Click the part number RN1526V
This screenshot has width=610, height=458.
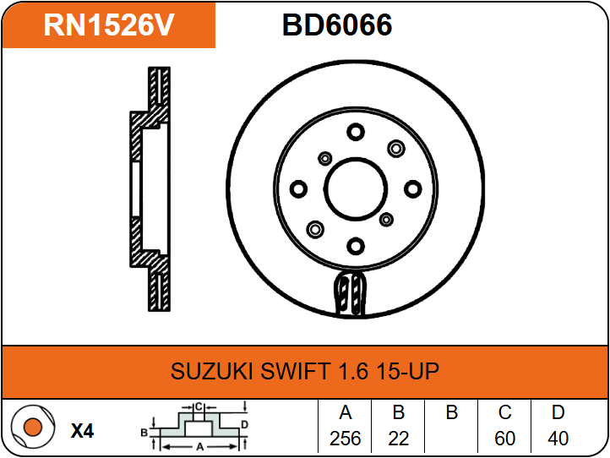click(x=108, y=25)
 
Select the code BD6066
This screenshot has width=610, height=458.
click(x=337, y=25)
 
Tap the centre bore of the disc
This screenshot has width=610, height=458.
click(x=356, y=189)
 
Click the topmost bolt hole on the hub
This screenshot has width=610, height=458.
click(x=356, y=132)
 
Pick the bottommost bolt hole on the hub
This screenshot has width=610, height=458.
click(x=356, y=246)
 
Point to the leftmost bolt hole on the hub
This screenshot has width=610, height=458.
click(x=299, y=189)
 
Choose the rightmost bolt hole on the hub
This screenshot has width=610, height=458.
click(x=413, y=189)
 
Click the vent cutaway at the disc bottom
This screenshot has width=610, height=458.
click(x=350, y=293)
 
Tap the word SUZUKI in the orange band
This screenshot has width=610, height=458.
click(x=212, y=371)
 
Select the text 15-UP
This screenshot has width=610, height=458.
click(x=408, y=371)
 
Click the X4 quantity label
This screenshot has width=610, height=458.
click(x=83, y=431)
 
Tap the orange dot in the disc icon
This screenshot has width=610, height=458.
click(x=33, y=427)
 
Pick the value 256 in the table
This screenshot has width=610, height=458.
click(x=345, y=439)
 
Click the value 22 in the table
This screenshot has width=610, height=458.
click(x=399, y=439)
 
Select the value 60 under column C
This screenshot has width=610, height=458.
click(x=504, y=439)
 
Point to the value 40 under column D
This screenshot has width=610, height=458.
click(x=558, y=439)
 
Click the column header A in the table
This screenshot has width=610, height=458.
click(x=345, y=412)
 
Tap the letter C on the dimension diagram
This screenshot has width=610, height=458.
click(x=199, y=407)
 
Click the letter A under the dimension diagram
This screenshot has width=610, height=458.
click(x=200, y=447)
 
